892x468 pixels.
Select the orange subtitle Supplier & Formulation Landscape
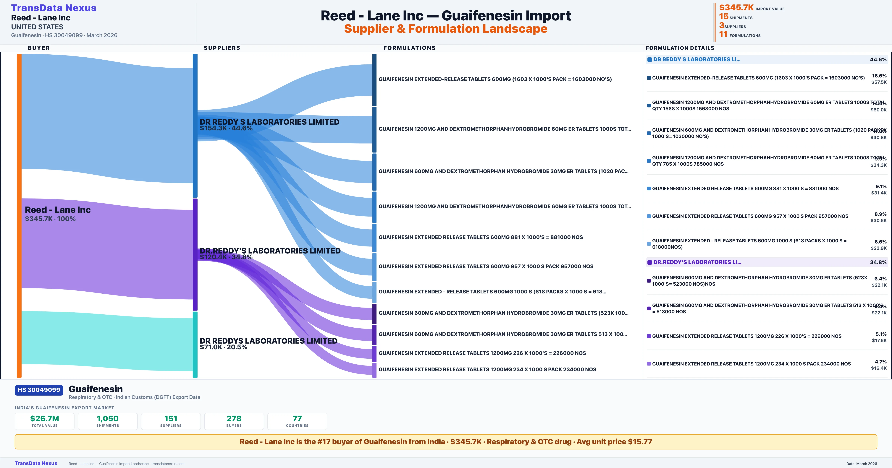click(446, 29)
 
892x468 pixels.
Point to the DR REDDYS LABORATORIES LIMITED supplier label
click(268, 341)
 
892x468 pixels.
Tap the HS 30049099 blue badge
click(39, 390)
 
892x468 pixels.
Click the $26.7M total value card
click(45, 421)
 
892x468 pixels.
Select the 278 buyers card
click(234, 421)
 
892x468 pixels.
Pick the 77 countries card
click(297, 421)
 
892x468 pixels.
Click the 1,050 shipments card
click(108, 421)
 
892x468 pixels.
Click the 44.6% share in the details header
click(878, 60)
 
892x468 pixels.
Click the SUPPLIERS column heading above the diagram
click(222, 48)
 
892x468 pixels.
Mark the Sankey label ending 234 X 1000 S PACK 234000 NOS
click(487, 369)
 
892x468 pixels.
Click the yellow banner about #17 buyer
click(446, 442)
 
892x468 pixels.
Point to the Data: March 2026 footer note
click(862, 464)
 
